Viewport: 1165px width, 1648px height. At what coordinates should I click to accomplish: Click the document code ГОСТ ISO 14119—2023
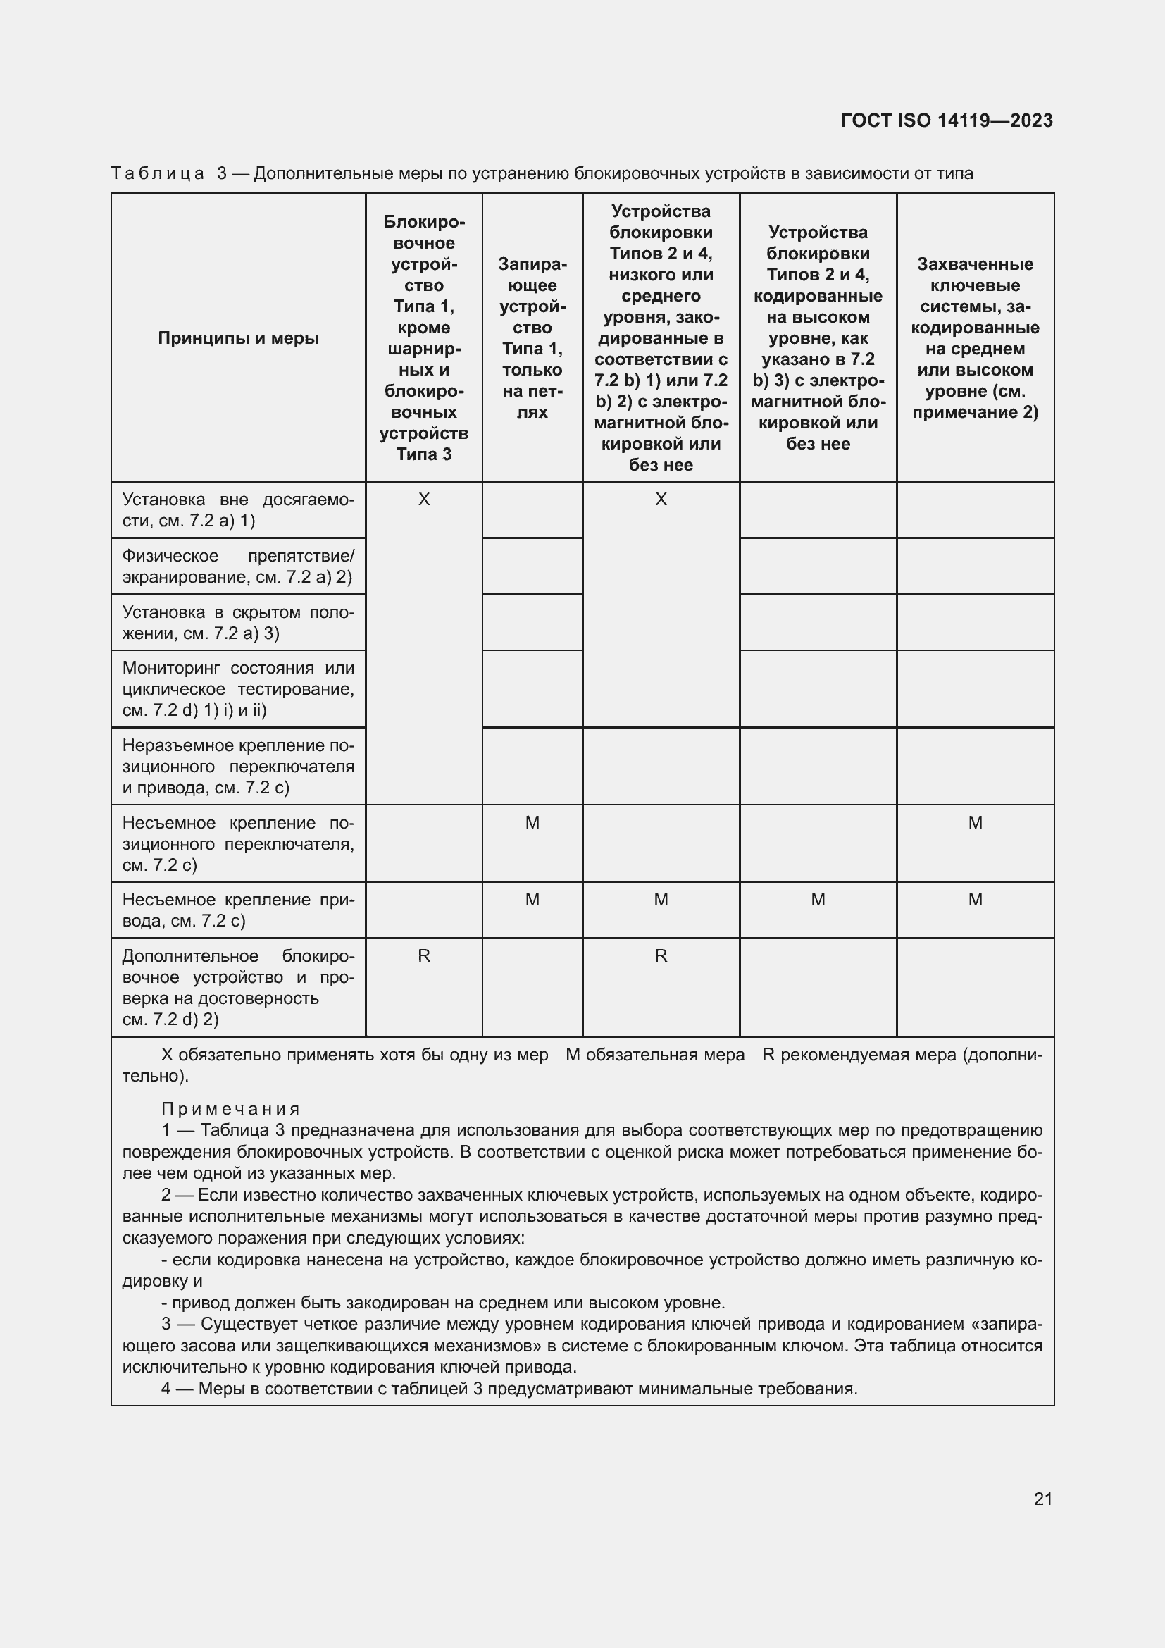click(x=946, y=120)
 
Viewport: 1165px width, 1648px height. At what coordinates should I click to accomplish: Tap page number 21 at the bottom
click(x=1043, y=1499)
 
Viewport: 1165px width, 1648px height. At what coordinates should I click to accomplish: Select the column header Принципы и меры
click(x=238, y=338)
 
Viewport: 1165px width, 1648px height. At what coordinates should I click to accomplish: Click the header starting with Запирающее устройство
click(x=532, y=338)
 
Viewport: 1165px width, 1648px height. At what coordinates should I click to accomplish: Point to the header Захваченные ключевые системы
click(x=975, y=338)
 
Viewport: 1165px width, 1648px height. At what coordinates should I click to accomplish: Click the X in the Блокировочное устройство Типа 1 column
click(x=424, y=500)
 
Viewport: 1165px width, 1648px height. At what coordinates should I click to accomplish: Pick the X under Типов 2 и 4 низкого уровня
click(x=661, y=500)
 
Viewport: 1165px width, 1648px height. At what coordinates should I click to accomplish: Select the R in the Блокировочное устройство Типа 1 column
click(x=424, y=956)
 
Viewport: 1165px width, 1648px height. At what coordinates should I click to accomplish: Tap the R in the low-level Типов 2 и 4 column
click(x=661, y=956)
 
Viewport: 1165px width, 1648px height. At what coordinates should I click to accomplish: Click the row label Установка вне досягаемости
click(x=238, y=510)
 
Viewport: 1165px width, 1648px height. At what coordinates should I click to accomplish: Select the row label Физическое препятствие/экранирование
click(x=238, y=566)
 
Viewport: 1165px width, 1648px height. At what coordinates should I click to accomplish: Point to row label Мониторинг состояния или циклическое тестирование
click(x=238, y=689)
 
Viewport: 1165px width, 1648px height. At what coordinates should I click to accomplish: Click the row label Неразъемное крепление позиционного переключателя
click(x=238, y=767)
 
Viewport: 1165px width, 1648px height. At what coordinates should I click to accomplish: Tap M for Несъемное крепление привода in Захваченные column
click(x=975, y=900)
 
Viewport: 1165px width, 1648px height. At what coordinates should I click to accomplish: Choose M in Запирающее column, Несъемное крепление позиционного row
click(x=532, y=823)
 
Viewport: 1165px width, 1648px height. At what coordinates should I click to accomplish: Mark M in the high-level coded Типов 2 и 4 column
click(x=818, y=900)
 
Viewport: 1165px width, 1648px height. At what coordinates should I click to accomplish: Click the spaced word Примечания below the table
click(x=230, y=1110)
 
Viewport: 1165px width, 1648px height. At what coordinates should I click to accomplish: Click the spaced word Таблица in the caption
click(x=158, y=174)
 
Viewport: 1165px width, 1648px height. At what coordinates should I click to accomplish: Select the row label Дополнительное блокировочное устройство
click(x=238, y=988)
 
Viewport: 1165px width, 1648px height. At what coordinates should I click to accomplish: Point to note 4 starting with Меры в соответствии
click(x=509, y=1389)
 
